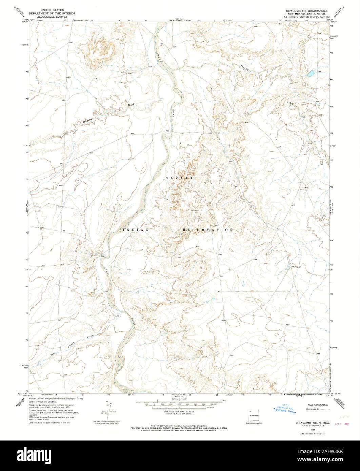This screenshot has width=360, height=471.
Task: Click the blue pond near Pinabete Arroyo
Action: (x=310, y=73)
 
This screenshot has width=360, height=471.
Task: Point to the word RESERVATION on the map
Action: (x=207, y=230)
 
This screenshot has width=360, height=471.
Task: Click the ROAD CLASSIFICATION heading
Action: (x=317, y=405)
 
